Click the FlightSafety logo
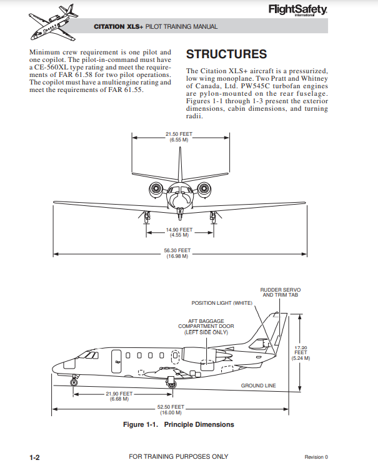[298, 11]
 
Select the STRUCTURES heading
[226, 54]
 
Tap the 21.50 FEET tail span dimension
[179, 136]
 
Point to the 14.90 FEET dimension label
[179, 232]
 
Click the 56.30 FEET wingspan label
[177, 253]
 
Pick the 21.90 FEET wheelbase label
[119, 396]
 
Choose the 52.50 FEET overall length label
[171, 409]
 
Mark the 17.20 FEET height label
[301, 353]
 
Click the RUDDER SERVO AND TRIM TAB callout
[281, 292]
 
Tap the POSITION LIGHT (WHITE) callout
[222, 303]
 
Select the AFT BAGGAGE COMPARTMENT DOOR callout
[206, 327]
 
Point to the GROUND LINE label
[259, 386]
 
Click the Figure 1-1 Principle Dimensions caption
[179, 425]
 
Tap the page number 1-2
[34, 457]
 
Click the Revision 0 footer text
[316, 457]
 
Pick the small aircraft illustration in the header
[53, 23]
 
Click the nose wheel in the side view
[74, 382]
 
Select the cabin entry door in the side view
[116, 362]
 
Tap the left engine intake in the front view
[156, 188]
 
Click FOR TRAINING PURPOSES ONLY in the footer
[179, 457]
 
